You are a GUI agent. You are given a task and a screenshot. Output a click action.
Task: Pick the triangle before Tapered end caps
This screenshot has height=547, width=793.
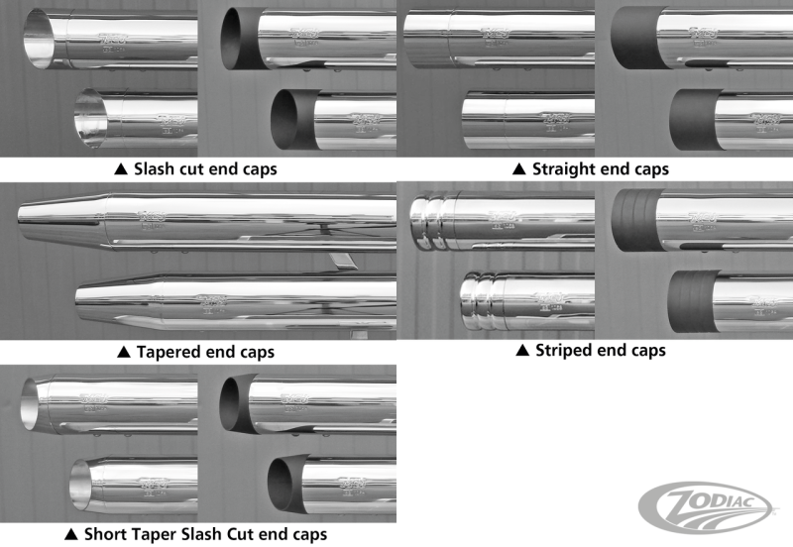coord(123,351)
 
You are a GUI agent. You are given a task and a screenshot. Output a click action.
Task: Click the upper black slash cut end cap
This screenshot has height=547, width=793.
coord(240,41)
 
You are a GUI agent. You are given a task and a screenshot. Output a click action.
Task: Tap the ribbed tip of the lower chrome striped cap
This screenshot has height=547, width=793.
coord(483,300)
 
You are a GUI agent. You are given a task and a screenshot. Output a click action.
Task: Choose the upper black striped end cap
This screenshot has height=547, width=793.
coord(634,220)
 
